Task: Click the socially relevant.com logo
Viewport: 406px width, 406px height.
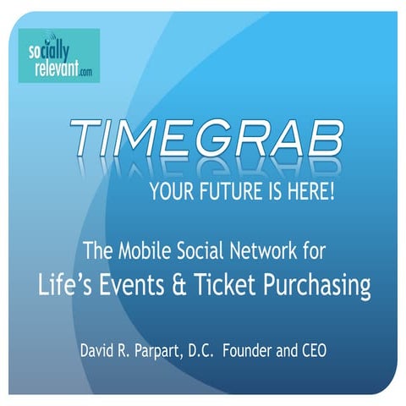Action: [59, 55]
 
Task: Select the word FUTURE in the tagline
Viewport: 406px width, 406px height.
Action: [231, 193]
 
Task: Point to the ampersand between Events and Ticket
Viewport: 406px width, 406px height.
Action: [206, 286]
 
